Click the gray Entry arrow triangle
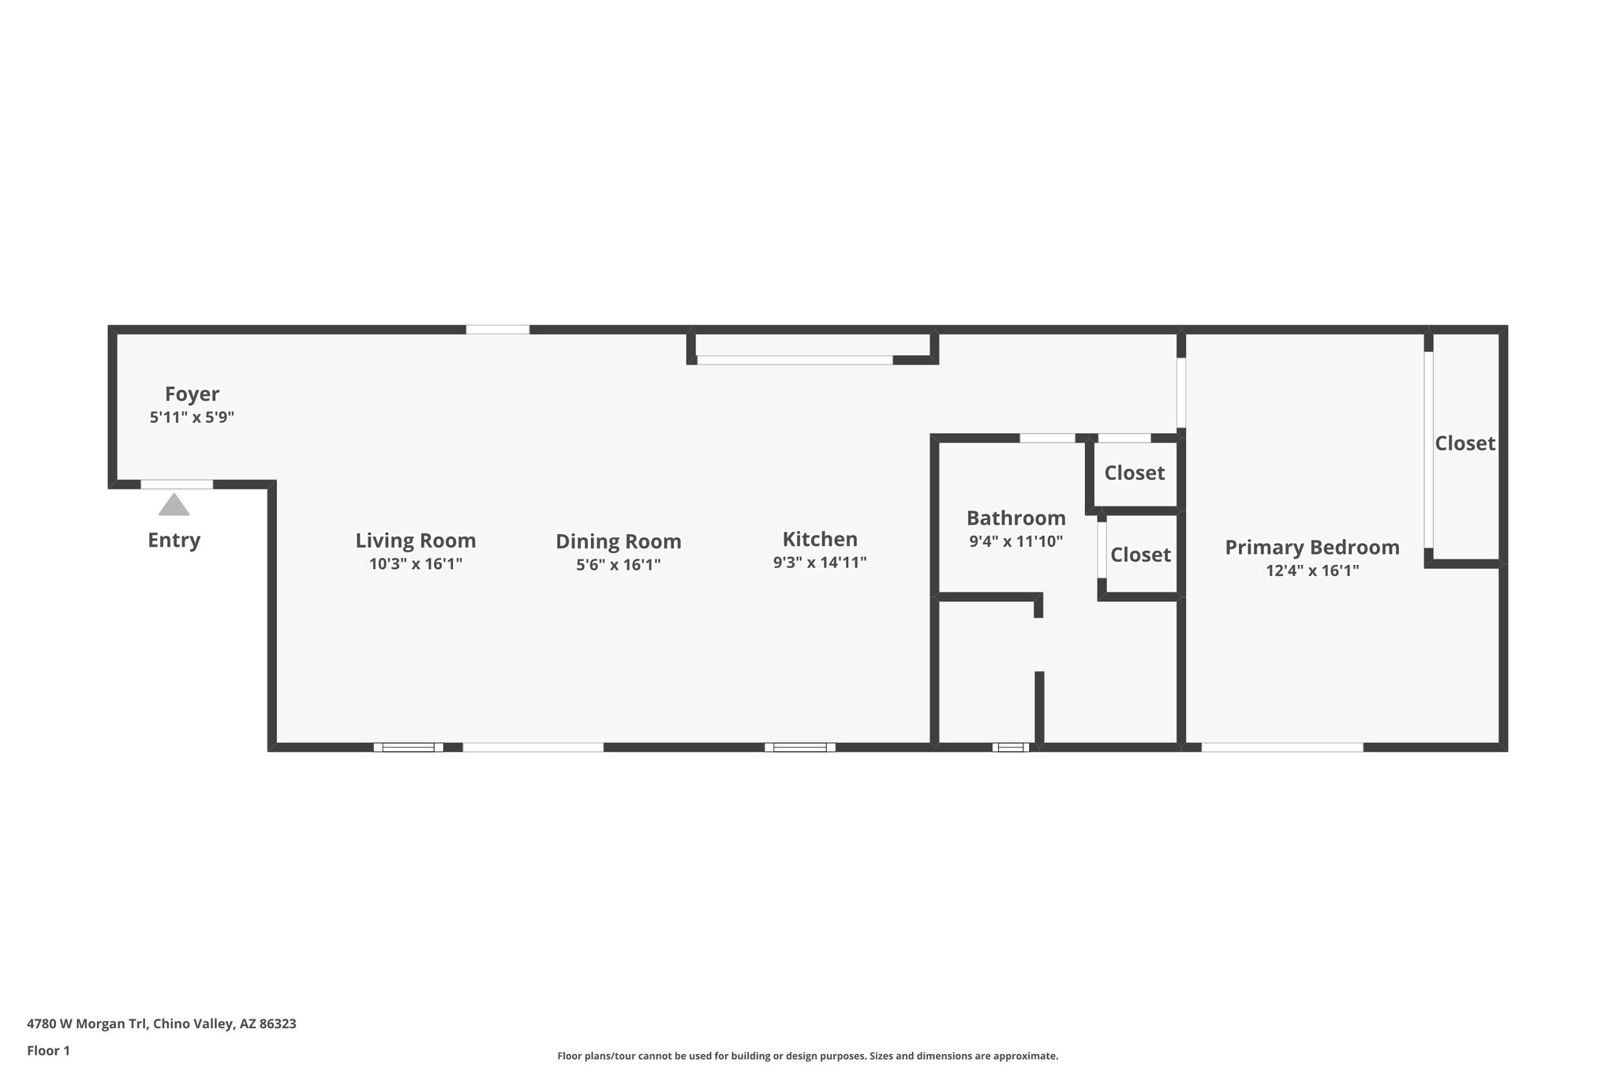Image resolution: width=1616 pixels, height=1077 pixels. [x=174, y=505]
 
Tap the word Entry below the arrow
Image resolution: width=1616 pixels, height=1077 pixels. [x=174, y=540]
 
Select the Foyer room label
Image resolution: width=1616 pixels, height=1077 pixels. [x=193, y=394]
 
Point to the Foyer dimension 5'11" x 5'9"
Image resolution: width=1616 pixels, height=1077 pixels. [x=193, y=417]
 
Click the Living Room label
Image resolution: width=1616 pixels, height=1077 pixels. [x=416, y=541]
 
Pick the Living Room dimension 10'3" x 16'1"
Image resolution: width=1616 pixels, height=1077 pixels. [x=416, y=564]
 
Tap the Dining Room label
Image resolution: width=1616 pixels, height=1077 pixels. [x=619, y=542]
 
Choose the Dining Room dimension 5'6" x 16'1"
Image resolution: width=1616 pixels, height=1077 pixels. [x=619, y=565]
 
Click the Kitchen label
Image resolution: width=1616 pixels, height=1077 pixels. [x=820, y=540]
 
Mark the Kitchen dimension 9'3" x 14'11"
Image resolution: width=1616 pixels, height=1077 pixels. [x=820, y=563]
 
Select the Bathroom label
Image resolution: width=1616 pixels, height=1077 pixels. [x=1016, y=518]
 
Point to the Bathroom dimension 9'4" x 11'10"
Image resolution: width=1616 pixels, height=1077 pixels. [x=1016, y=541]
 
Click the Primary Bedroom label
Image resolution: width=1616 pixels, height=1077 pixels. [x=1312, y=548]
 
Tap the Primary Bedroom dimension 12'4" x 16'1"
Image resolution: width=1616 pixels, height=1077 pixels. [x=1312, y=570]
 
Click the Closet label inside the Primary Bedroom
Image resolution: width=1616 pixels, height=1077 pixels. [x=1465, y=443]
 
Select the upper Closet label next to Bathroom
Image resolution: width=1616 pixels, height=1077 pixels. [x=1135, y=473]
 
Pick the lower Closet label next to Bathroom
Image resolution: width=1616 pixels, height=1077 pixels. [x=1141, y=555]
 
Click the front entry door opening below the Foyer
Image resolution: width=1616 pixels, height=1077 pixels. [x=177, y=484]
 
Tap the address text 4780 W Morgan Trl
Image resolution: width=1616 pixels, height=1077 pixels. [x=87, y=1023]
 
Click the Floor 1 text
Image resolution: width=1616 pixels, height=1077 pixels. [x=48, y=1050]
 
